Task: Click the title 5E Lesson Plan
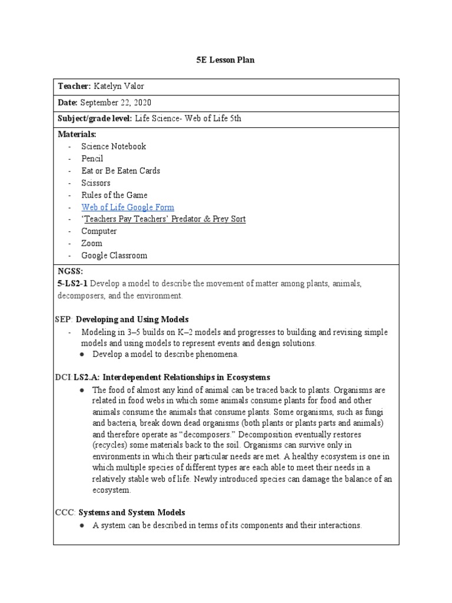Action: (225, 60)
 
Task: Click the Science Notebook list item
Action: (114, 146)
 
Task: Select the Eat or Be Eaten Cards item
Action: (121, 171)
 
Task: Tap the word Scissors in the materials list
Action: (96, 183)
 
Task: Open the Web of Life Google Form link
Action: (128, 207)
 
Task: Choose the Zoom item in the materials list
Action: (92, 243)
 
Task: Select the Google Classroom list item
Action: (114, 256)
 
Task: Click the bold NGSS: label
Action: (70, 271)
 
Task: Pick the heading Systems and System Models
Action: (132, 513)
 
